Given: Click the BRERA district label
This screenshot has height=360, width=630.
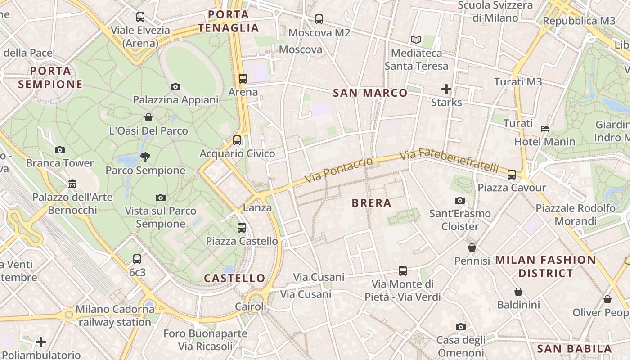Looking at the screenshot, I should tap(371, 203).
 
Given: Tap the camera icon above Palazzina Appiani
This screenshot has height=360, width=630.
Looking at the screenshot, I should tap(175, 86).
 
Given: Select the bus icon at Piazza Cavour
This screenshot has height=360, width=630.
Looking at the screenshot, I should tap(512, 175).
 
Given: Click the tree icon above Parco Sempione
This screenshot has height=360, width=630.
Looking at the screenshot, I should tap(145, 157).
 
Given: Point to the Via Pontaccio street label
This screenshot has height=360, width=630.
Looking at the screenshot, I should tap(339, 170).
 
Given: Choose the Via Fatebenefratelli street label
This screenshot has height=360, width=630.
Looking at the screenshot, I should tap(449, 161).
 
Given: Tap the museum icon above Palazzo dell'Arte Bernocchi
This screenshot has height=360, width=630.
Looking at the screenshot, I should tap(72, 184).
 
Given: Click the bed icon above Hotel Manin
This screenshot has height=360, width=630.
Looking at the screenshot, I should tap(544, 129).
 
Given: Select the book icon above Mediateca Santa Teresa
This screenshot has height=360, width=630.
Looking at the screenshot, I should tap(416, 40).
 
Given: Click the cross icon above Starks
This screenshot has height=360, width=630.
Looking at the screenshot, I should tap(446, 89).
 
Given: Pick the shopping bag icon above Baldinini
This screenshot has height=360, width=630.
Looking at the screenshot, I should tap(518, 292).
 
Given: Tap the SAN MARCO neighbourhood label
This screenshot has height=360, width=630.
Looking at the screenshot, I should tap(370, 93).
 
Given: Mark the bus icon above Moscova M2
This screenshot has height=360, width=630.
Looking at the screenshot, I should tap(319, 19).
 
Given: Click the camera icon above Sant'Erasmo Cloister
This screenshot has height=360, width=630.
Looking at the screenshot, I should tap(459, 200).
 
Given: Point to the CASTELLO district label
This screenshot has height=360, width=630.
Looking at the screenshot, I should tap(234, 278).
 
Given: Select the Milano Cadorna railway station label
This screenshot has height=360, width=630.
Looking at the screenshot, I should tap(114, 316).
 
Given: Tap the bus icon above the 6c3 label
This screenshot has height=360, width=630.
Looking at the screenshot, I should tap(137, 259).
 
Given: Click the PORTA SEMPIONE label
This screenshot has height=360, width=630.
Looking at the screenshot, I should tap(50, 77).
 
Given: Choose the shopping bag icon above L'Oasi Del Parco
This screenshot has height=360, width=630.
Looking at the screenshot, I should tap(148, 118).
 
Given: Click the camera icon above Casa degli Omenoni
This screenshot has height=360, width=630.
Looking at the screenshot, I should tap(460, 327).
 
